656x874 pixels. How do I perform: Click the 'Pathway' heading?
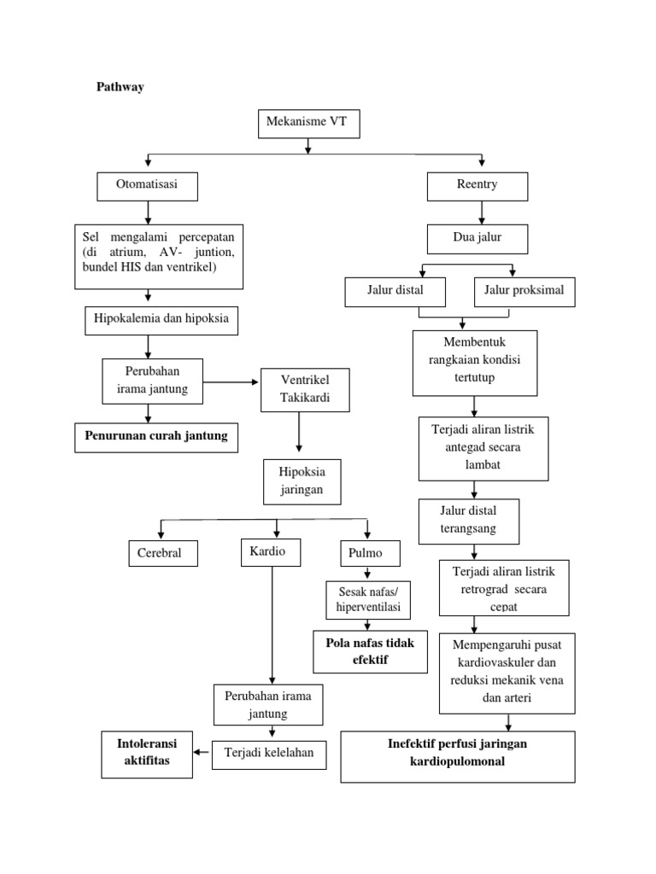[119, 87]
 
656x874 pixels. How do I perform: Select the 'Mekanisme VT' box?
[308, 125]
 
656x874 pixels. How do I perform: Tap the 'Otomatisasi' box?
[148, 186]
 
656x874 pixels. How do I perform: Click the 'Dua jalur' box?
[477, 238]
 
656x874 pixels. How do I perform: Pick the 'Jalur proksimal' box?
[524, 292]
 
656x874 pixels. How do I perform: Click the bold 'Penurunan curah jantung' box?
[155, 436]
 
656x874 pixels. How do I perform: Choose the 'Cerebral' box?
[161, 553]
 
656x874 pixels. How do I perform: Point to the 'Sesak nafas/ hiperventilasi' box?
[368, 599]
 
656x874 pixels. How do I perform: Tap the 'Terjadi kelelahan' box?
[268, 753]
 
